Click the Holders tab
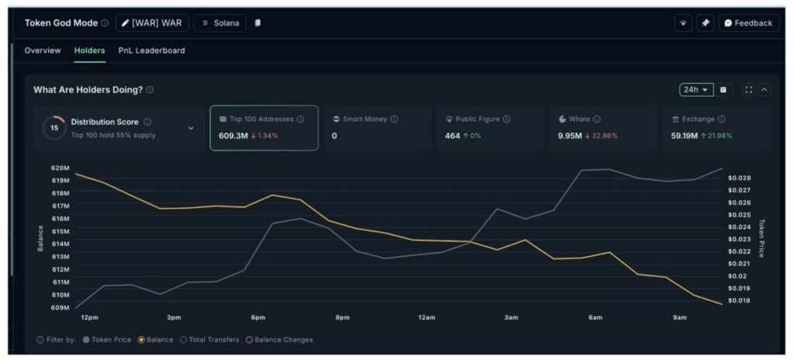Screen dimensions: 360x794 coord(89,50)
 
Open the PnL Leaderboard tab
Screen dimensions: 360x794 coord(151,50)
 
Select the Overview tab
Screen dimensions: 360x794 coord(42,50)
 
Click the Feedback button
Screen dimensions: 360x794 coord(748,23)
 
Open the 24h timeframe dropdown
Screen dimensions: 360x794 coord(696,90)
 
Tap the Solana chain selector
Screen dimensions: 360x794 coord(220,23)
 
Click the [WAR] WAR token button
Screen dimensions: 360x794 coord(152,23)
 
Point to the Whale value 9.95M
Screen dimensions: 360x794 coord(570,136)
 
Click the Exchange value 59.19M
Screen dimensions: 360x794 coord(684,136)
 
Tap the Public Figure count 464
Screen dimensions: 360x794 coord(452,136)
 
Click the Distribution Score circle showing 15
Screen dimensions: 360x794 coord(54,128)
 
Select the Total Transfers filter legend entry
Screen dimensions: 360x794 coord(212,340)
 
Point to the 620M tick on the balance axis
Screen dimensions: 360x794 coord(60,168)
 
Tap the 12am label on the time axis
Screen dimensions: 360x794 coord(426,317)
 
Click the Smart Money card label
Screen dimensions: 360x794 coord(365,119)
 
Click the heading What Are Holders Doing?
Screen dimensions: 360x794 coord(88,90)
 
